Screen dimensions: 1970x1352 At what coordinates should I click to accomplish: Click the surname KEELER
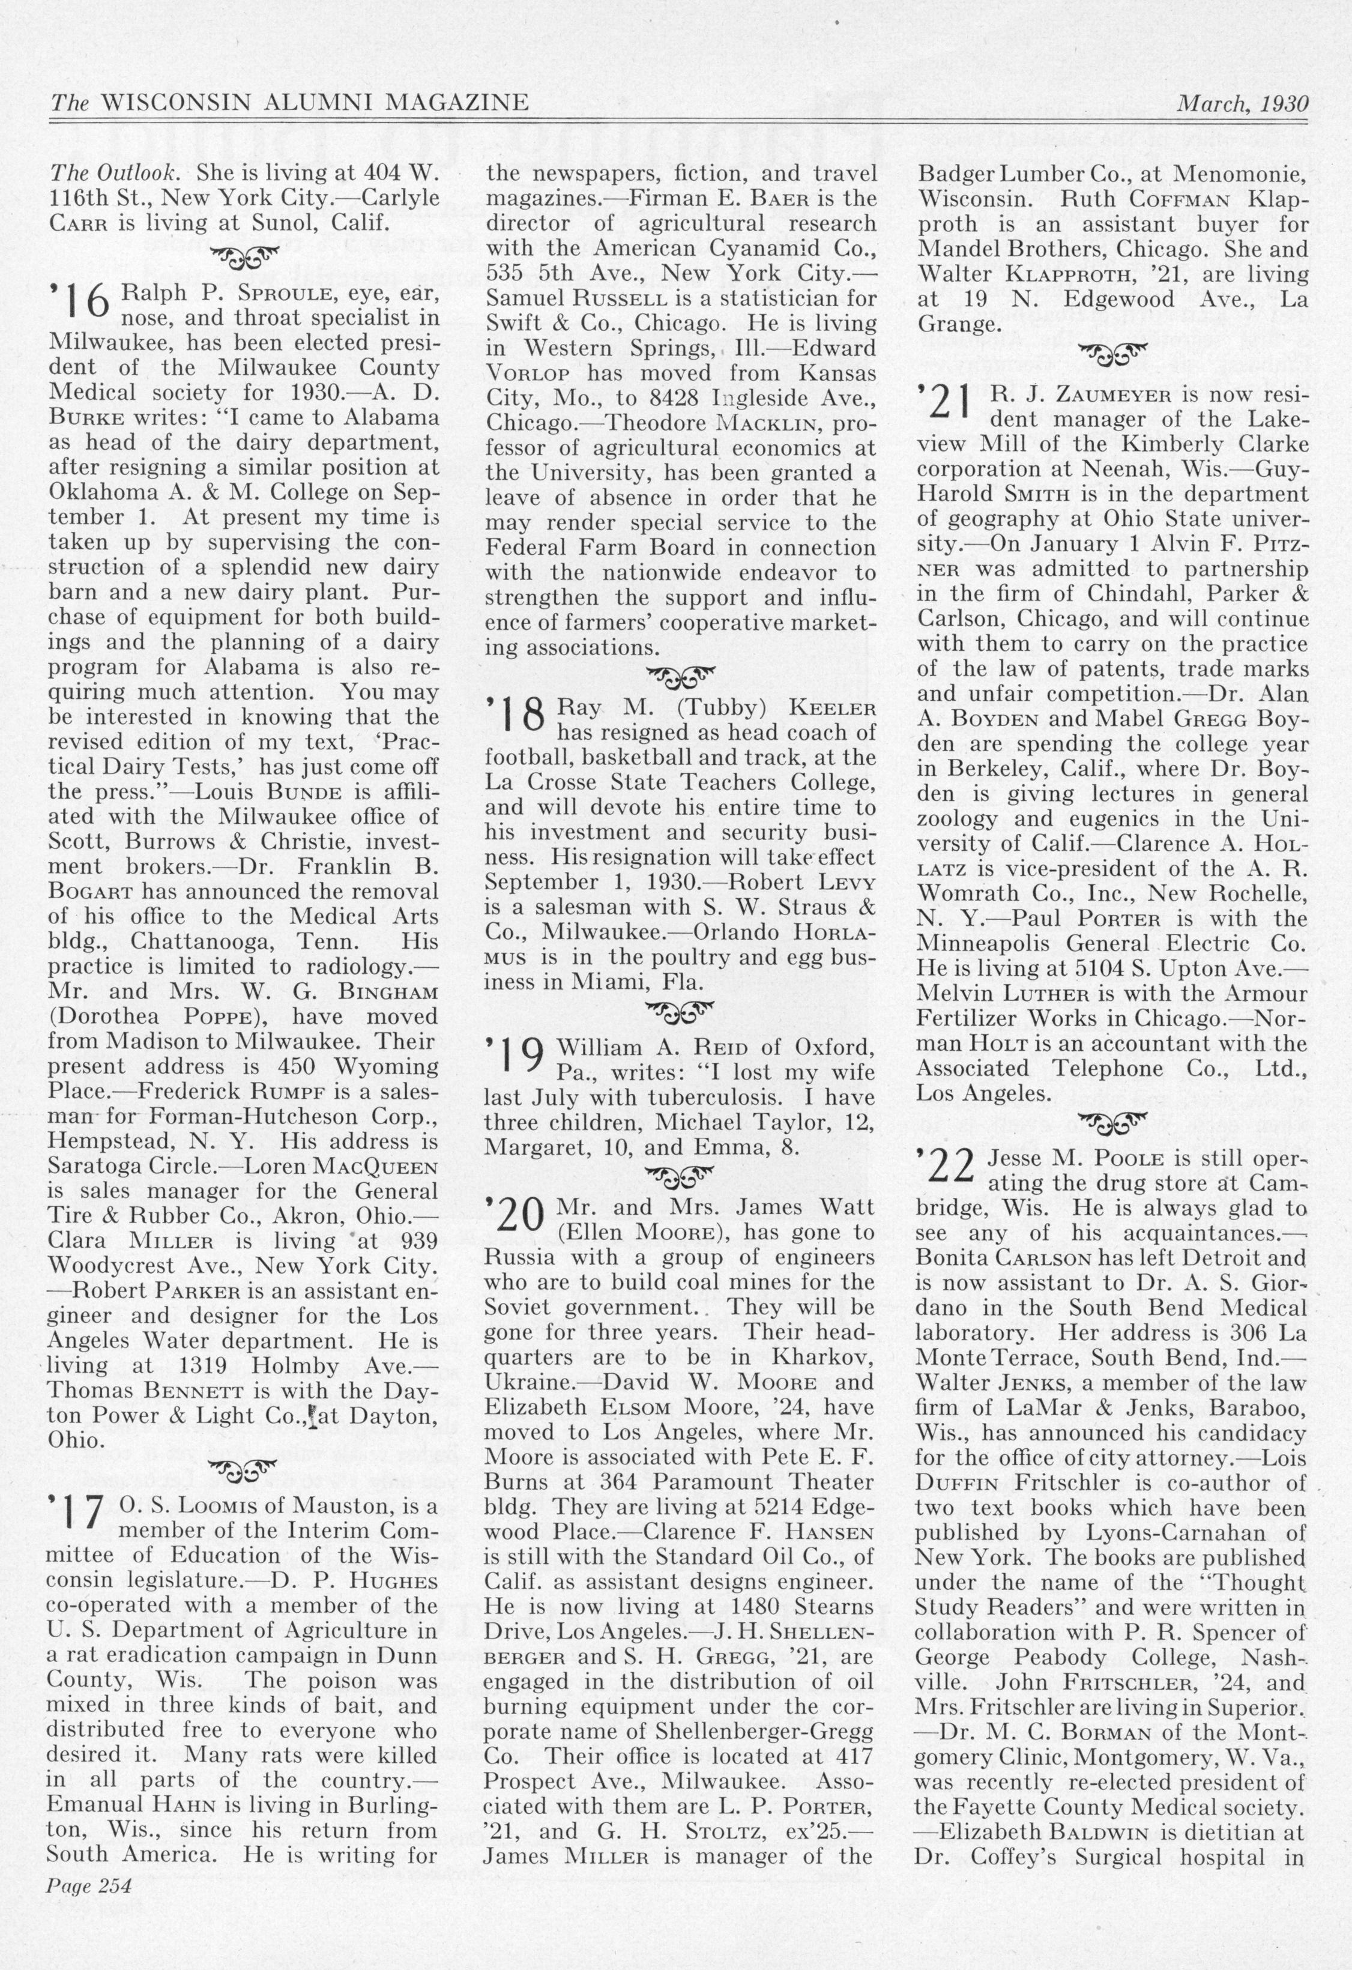[x=832, y=709]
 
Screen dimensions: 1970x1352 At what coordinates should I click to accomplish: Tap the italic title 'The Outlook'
[x=113, y=173]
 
